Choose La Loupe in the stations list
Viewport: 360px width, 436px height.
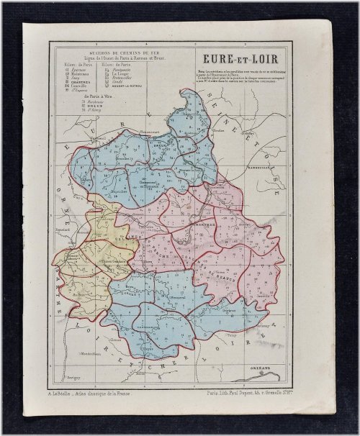click(122, 72)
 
